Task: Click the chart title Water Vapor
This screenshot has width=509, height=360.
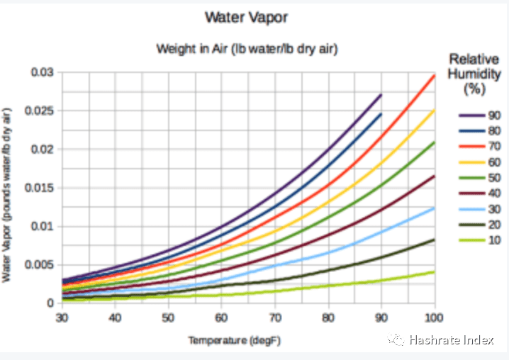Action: (247, 17)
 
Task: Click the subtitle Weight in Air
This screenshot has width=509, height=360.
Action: (247, 49)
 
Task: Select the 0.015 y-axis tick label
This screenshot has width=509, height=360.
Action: (38, 188)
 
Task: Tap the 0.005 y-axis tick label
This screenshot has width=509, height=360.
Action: (38, 264)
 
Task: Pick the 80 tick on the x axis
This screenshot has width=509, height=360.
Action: (328, 316)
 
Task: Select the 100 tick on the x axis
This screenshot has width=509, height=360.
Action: (434, 316)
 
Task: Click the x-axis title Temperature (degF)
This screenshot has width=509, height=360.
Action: (234, 340)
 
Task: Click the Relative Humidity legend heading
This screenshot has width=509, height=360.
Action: (474, 74)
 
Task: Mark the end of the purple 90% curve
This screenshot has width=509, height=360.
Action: (381, 94)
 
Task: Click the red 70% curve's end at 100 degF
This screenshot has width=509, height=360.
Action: (434, 74)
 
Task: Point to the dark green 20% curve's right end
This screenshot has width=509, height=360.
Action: (434, 240)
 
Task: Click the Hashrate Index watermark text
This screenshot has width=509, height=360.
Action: (450, 341)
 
